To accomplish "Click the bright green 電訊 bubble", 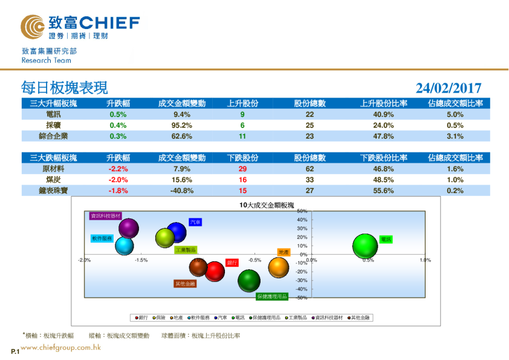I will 365,246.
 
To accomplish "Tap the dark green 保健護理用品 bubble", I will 248,280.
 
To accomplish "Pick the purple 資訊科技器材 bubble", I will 129,229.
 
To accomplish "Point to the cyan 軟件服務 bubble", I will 124,246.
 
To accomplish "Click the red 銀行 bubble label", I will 232,263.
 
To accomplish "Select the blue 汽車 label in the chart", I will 195,223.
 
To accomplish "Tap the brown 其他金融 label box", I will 185,284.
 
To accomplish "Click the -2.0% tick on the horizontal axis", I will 85,260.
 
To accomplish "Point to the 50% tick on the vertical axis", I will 302,211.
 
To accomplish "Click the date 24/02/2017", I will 449,88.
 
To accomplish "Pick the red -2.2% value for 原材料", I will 118,169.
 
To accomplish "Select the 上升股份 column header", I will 242,103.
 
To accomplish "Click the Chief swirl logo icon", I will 31,27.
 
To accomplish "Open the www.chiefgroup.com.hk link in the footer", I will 60,347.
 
